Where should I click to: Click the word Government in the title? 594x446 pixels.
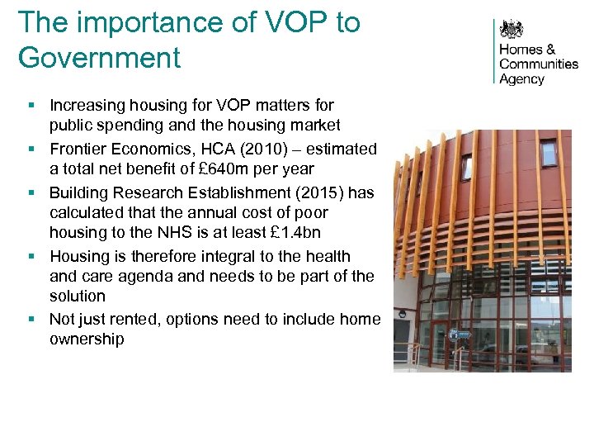coord(99,58)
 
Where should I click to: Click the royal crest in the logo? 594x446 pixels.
coord(511,31)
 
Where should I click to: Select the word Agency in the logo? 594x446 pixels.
coord(522,79)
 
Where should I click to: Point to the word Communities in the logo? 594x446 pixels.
coord(539,64)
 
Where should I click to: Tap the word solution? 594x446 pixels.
coord(78,296)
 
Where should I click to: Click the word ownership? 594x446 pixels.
coord(87,339)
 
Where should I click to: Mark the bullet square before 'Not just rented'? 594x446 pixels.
coord(31,320)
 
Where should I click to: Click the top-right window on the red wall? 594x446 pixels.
coord(548,152)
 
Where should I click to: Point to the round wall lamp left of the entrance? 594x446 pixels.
coord(402,314)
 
